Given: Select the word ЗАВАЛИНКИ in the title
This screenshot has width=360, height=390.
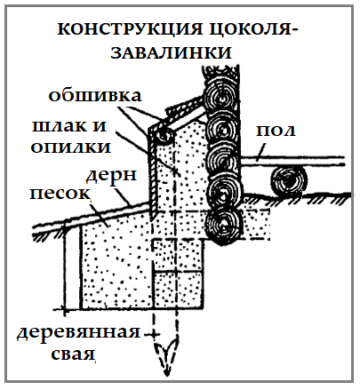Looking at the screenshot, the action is pos(171,52).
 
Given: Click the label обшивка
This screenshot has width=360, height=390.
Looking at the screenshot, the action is pos(95,95).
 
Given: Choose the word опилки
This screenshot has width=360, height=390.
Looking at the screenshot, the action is pos(70,147).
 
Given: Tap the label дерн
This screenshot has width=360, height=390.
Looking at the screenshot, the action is pos(111,175).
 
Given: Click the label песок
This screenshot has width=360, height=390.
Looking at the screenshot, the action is pos(60,194).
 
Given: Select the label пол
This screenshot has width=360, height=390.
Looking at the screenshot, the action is pos(276,130).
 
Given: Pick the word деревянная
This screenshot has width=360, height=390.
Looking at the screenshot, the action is pos(78,332).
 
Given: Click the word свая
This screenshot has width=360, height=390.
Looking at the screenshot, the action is pos(73,354).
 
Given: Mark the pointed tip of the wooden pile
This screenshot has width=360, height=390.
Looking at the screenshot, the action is pos(167,375).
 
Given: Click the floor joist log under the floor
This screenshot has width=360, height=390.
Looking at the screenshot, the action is pos(289,181).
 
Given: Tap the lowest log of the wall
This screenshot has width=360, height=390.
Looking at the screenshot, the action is pos(224,227).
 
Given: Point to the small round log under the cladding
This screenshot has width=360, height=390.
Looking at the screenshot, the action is pos(164,135).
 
